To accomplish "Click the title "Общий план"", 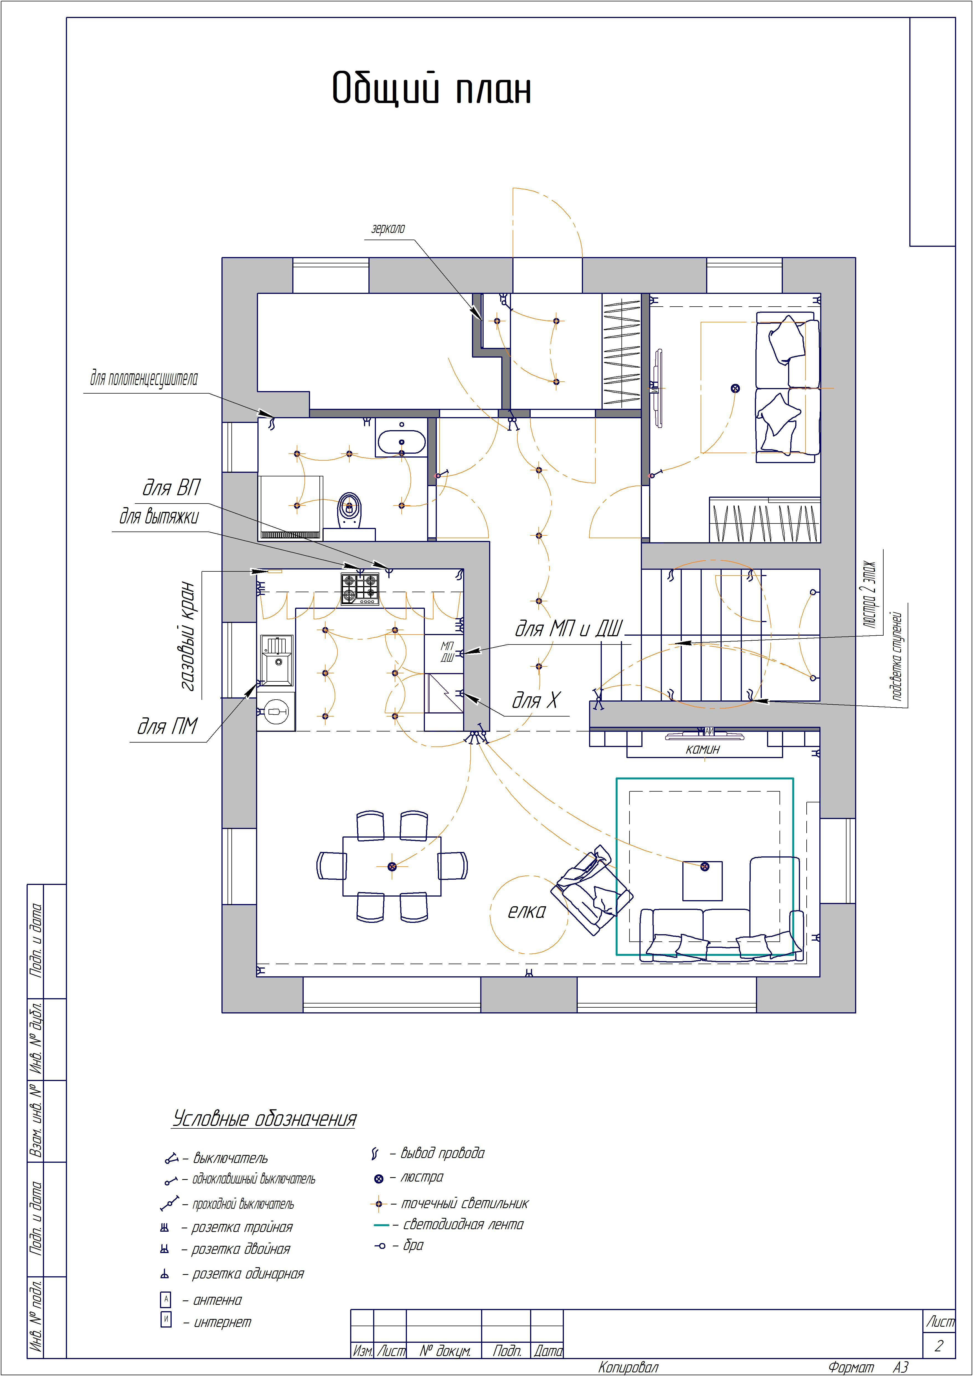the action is pyautogui.click(x=431, y=89).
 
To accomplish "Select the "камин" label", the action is pyautogui.click(x=703, y=749).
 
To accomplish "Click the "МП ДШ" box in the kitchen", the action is pyautogui.click(x=447, y=652).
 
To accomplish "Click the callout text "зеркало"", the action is pyautogui.click(x=388, y=228).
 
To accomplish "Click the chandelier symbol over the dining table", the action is pyautogui.click(x=392, y=866).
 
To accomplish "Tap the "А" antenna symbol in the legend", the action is pyautogui.click(x=166, y=1299).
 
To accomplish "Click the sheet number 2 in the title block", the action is pyautogui.click(x=938, y=1346).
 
